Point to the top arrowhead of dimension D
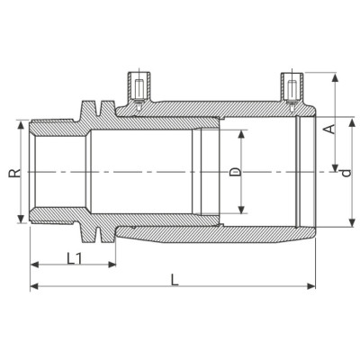242,131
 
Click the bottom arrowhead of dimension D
242,212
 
